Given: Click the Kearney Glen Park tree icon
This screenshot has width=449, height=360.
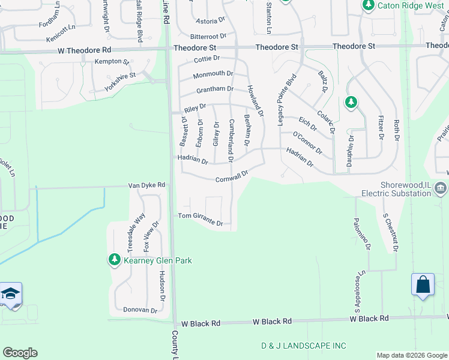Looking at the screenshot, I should point(114,260).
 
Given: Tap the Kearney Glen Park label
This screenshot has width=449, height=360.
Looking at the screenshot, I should point(157,260).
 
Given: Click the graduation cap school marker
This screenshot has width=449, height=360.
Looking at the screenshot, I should point(11,293).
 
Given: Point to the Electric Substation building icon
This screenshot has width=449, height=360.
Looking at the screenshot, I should point(441,189).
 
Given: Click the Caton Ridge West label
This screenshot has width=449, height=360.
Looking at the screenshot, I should point(411,5).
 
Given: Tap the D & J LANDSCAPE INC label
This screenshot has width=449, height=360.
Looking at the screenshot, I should point(304,346).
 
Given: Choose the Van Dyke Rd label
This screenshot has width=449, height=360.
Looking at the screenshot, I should point(146,185).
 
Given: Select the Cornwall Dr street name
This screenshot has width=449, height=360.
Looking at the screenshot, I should point(232,176).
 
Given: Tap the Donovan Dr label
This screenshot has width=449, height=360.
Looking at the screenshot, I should point(140,310).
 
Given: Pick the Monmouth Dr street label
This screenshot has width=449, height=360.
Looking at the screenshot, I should point(213,74).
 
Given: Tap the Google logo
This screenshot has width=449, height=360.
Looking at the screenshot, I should point(20,353).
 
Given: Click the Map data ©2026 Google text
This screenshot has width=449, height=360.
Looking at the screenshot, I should point(412,355).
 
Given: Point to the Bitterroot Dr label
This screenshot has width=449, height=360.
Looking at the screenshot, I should point(207,37).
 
